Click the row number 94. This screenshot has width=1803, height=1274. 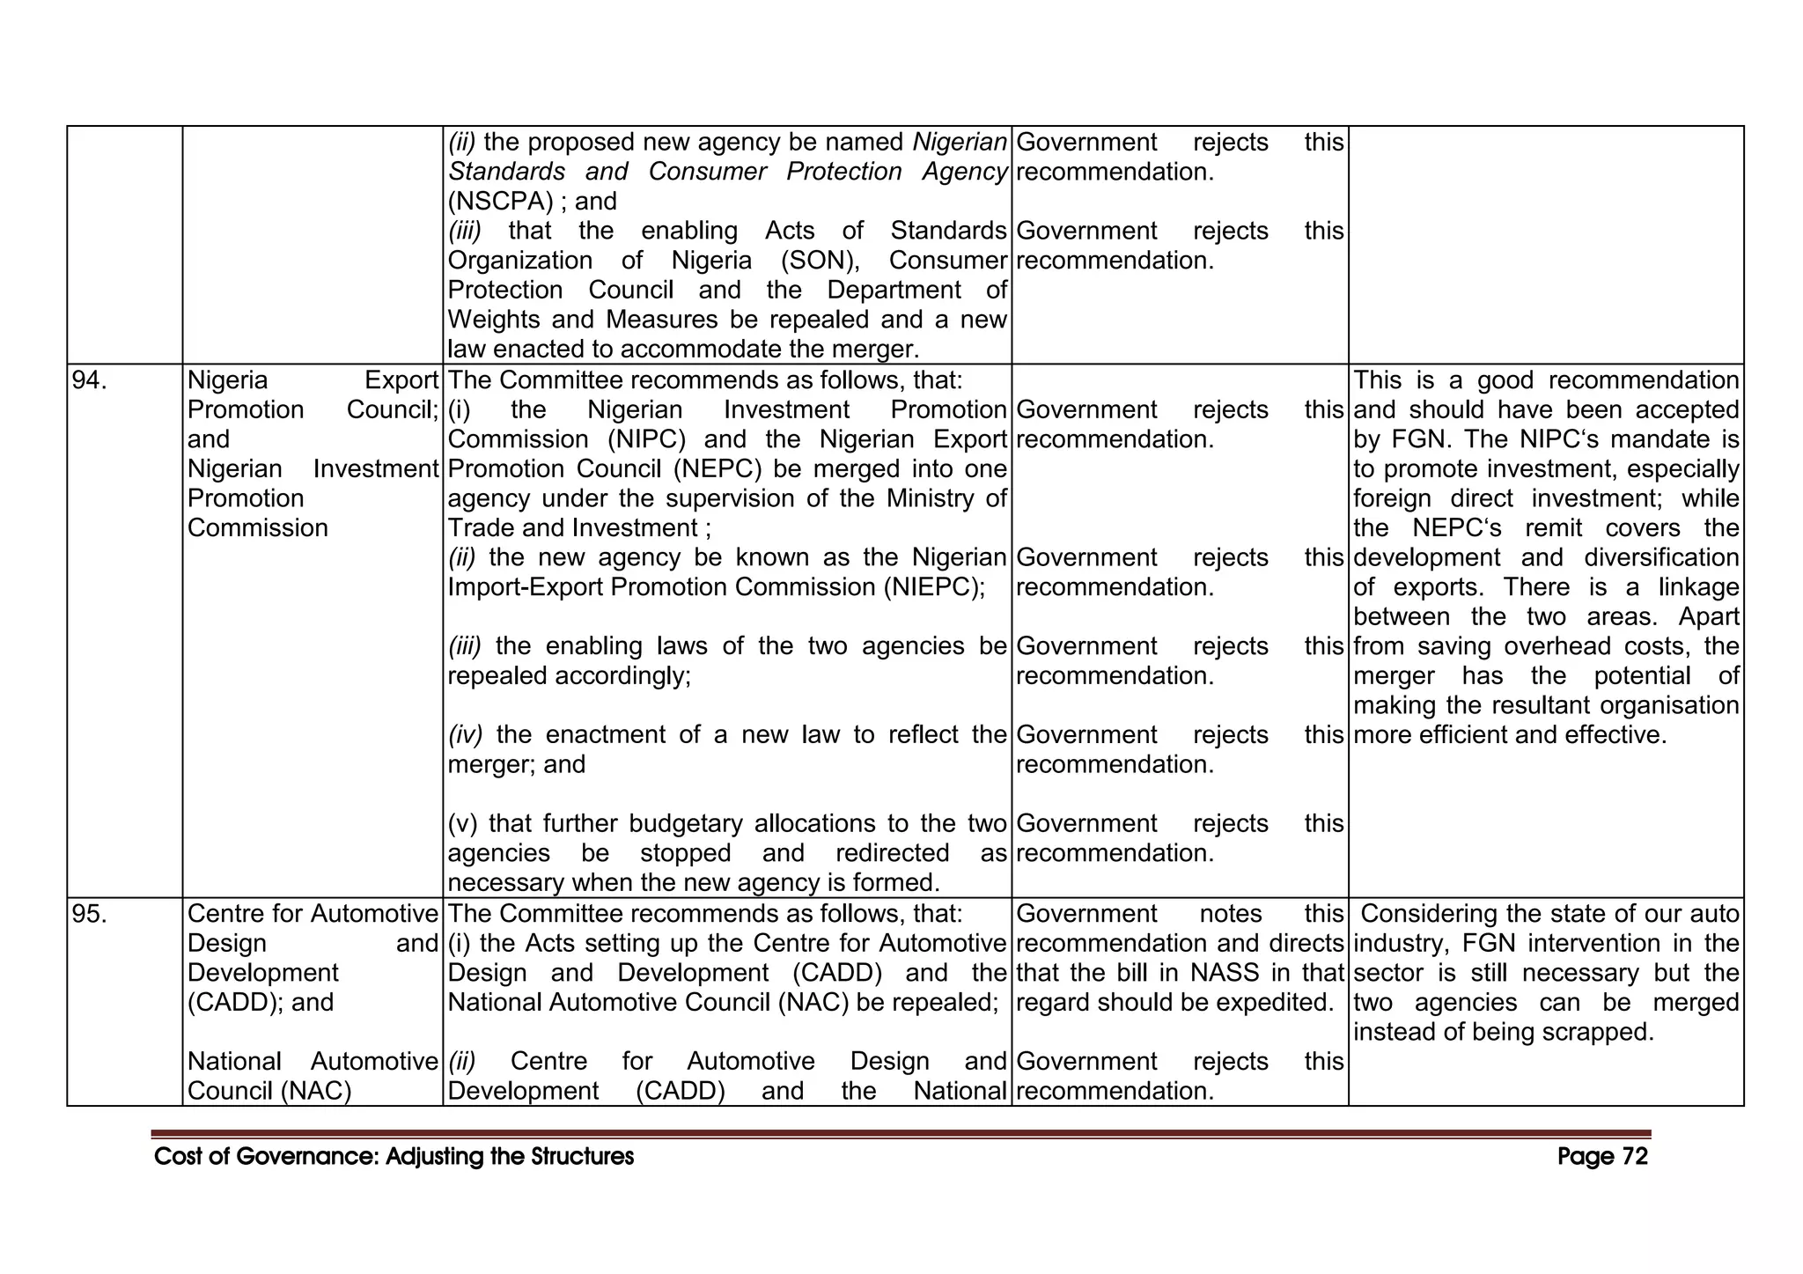89,380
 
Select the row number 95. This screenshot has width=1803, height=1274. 89,914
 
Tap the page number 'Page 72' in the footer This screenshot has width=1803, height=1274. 1601,1157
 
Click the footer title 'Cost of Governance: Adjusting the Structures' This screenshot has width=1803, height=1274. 394,1157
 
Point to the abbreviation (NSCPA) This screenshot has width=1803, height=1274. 501,202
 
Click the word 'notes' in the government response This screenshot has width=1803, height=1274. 1230,914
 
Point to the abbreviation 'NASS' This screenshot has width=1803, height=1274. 1226,973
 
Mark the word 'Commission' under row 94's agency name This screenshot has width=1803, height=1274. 258,528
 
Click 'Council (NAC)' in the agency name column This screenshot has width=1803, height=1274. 269,1091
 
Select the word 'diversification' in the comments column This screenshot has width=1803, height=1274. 1660,558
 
